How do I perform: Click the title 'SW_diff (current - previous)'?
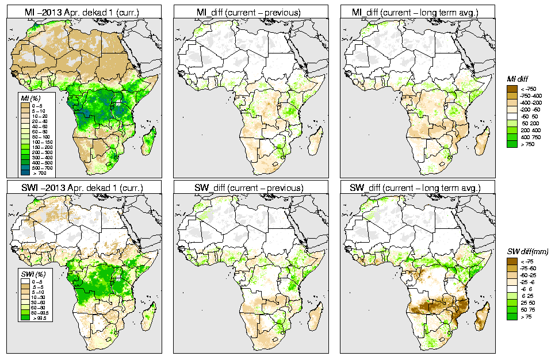tap(251, 187)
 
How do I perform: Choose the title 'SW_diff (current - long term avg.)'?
tap(418, 187)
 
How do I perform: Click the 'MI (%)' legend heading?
tap(28, 98)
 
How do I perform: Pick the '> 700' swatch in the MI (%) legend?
tap(24, 173)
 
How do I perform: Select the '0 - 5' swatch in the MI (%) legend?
tap(24, 106)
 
